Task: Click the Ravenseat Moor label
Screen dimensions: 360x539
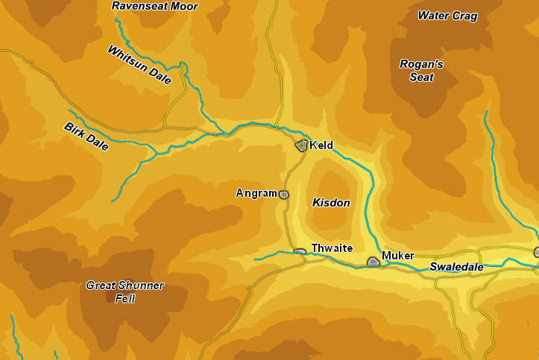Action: (154, 6)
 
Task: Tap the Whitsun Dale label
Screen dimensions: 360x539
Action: (139, 65)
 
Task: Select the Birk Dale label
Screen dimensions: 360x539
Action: (86, 136)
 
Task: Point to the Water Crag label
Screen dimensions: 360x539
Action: (447, 16)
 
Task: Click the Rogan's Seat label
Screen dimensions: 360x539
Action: (421, 70)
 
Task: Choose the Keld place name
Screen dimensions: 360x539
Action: (321, 145)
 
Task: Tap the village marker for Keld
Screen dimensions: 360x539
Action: (301, 145)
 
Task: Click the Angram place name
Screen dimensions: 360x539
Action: (256, 193)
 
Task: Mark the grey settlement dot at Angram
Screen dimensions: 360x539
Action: (283, 195)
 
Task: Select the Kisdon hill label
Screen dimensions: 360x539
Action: (331, 203)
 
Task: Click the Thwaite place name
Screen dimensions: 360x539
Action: (332, 248)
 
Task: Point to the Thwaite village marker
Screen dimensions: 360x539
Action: (300, 252)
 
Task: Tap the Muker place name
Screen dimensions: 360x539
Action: (397, 256)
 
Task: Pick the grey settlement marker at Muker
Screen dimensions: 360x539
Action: (373, 262)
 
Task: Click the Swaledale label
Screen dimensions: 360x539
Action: (456, 267)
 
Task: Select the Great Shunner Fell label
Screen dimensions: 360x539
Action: (124, 291)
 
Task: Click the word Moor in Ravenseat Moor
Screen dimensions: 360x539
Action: (183, 6)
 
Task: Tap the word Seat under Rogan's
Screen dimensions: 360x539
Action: (421, 76)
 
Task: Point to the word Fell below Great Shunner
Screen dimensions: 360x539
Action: (124, 298)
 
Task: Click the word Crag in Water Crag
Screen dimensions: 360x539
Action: (465, 16)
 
